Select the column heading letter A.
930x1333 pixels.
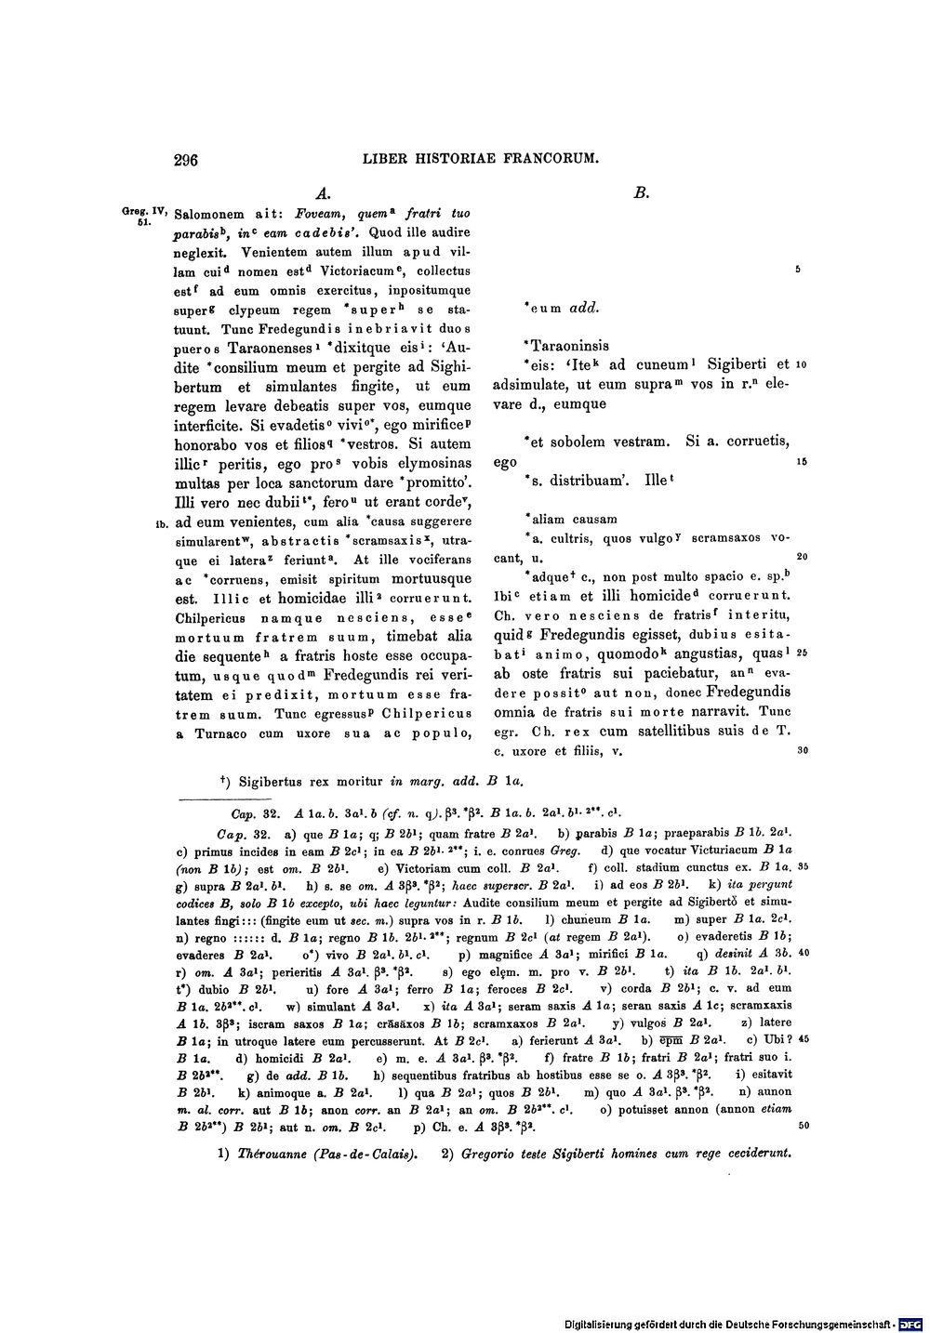(323, 194)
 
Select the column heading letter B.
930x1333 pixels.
(641, 194)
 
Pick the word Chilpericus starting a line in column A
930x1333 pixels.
(214, 616)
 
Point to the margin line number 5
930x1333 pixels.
(798, 271)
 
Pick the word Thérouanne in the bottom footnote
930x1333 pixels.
(271, 1155)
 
